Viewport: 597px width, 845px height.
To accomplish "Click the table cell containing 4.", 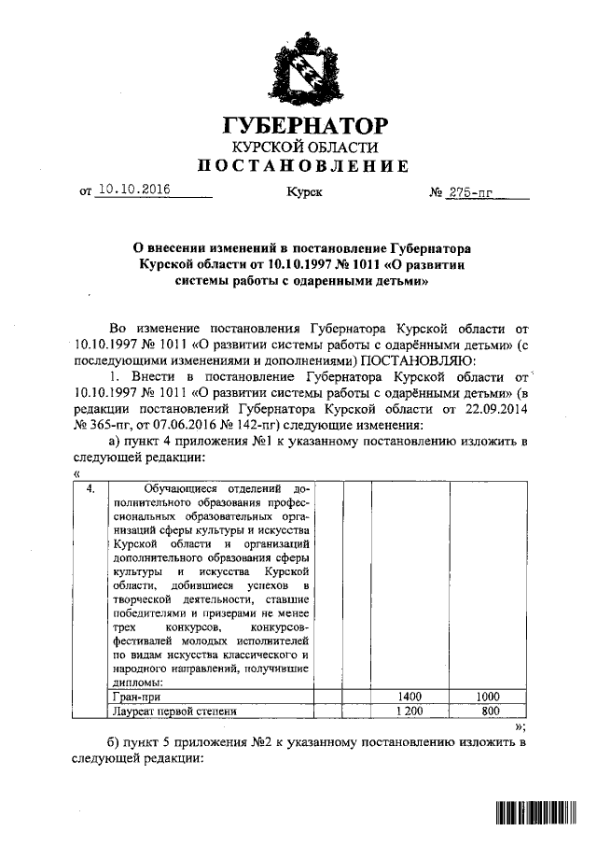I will point(90,487).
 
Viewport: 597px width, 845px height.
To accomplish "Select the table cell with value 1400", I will point(410,696).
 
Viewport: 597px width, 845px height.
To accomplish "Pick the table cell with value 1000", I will point(488,696).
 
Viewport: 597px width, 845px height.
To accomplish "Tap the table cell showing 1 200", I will point(410,710).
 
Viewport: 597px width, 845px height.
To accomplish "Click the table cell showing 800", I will point(488,710).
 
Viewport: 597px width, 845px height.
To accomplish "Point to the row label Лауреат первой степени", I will point(174,710).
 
